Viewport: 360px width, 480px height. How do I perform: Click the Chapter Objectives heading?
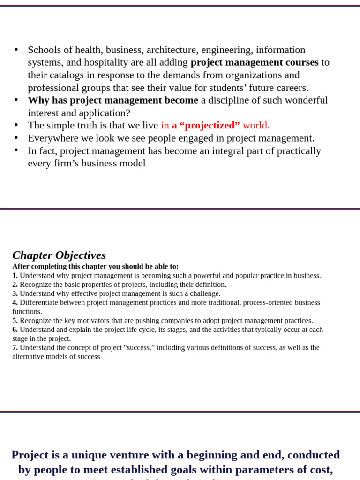[x=59, y=255]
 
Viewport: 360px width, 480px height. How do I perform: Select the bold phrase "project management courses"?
[x=255, y=62]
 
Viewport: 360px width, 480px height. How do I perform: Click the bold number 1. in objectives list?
[x=15, y=276]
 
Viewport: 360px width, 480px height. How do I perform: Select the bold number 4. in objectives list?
[x=15, y=303]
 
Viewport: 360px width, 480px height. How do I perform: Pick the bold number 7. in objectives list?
[x=15, y=348]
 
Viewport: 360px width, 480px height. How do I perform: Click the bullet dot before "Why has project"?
[x=16, y=100]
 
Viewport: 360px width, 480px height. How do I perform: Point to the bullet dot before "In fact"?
[x=16, y=150]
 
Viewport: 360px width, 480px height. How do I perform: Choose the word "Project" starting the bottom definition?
[x=29, y=455]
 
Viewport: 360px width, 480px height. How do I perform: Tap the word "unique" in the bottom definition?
[x=81, y=455]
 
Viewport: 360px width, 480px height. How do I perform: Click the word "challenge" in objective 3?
[x=203, y=293]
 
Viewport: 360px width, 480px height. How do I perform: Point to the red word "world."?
[x=256, y=125]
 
